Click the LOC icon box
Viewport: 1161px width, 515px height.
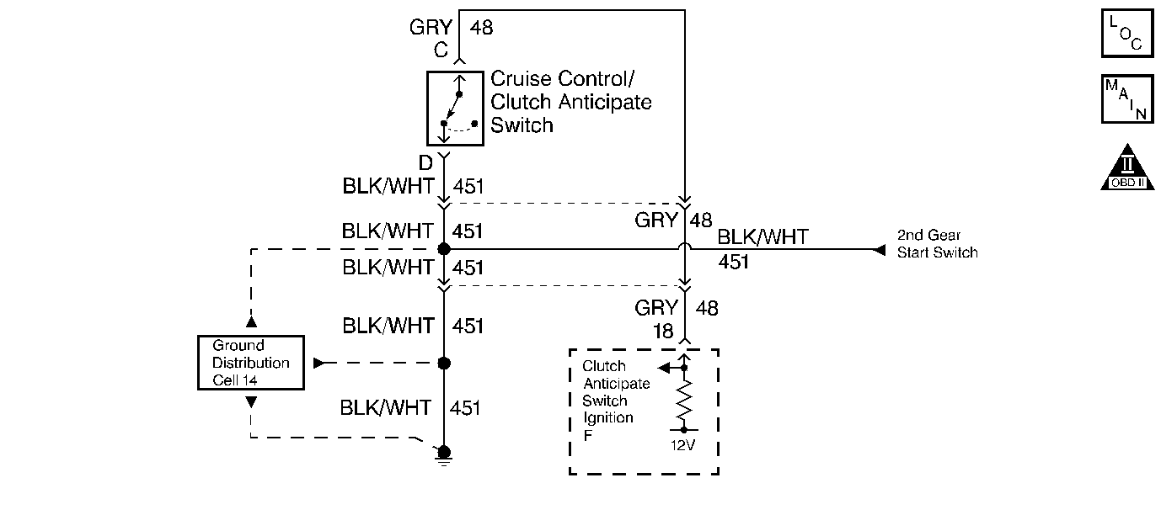click(x=1127, y=33)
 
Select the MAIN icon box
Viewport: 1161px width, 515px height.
click(x=1127, y=98)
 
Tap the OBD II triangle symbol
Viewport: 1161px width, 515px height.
click(x=1127, y=167)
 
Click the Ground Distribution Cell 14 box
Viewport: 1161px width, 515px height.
click(x=251, y=363)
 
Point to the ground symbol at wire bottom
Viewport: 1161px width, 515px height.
click(x=444, y=455)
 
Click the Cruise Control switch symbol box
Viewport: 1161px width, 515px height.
click(x=455, y=109)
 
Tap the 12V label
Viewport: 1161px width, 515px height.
click(x=682, y=445)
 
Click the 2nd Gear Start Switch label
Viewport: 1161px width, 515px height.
click(x=937, y=244)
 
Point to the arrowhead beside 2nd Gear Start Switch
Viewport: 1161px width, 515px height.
click(x=879, y=251)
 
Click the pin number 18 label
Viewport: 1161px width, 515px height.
click(x=663, y=332)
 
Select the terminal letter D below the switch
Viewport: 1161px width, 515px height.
click(x=425, y=163)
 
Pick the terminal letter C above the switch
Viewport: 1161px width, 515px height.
click(x=441, y=50)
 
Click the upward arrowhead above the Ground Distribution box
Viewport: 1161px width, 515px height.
click(x=251, y=322)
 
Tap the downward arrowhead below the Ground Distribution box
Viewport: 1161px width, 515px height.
click(x=251, y=402)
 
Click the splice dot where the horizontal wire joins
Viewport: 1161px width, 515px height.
click(x=444, y=249)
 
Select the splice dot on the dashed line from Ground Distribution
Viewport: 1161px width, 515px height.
click(x=444, y=363)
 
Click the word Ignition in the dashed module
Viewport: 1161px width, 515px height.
click(x=608, y=418)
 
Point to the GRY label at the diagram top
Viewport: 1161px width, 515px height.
click(x=431, y=28)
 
